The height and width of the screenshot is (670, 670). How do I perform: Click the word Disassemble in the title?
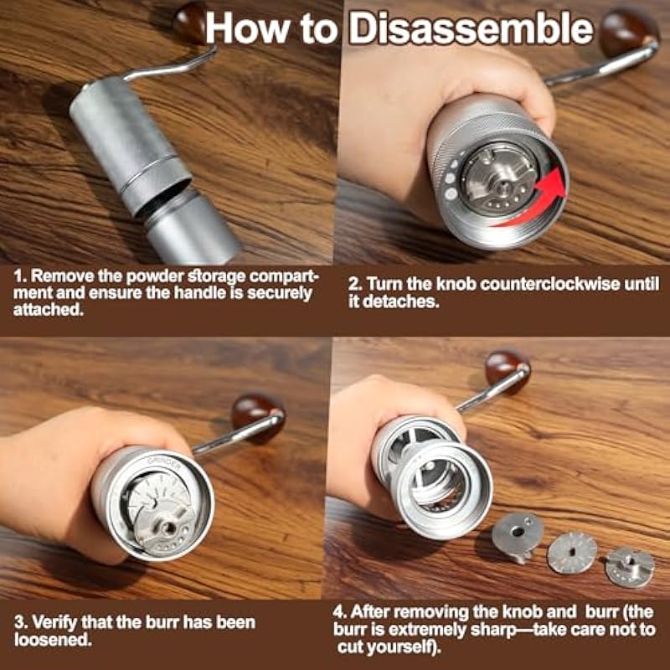pyautogui.click(x=472, y=29)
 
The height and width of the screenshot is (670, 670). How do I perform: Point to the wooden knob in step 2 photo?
pyautogui.click(x=627, y=33)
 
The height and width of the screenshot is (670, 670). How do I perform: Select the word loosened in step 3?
pyautogui.click(x=52, y=640)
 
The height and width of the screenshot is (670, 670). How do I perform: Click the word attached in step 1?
pyautogui.click(x=48, y=310)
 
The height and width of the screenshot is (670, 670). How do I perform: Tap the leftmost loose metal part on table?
pyautogui.click(x=517, y=536)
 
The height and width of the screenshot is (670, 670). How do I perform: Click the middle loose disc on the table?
pyautogui.click(x=572, y=553)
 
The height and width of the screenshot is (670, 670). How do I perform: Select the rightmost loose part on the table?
pyautogui.click(x=630, y=567)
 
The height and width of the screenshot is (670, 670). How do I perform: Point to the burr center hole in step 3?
pyautogui.click(x=169, y=528)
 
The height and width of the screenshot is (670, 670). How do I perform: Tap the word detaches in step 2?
pyautogui.click(x=400, y=301)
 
